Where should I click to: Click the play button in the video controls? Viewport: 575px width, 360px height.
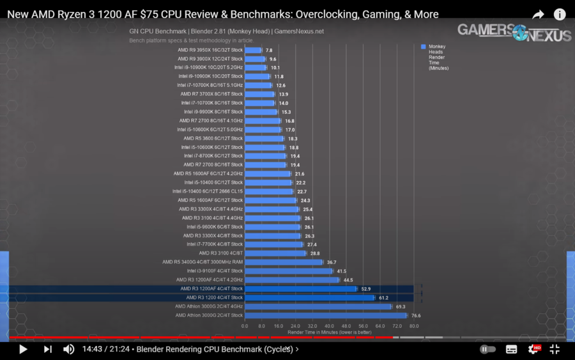[23, 349]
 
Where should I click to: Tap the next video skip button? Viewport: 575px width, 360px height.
[47, 349]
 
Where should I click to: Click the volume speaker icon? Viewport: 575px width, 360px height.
[68, 349]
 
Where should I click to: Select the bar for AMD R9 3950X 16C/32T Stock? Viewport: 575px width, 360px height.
[253, 50]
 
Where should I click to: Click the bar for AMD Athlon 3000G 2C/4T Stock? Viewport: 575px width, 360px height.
[325, 315]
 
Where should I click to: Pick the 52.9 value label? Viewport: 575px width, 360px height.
[366, 289]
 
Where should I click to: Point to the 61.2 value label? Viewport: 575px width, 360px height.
[383, 298]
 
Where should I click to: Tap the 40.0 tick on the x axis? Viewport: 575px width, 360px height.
[329, 325]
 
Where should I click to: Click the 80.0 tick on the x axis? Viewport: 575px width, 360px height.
[413, 325]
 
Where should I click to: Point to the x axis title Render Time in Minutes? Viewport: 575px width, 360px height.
[328, 332]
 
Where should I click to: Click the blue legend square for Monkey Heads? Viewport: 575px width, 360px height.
[423, 47]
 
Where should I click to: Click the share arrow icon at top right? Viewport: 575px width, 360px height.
[538, 14]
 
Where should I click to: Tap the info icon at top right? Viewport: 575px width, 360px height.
[559, 14]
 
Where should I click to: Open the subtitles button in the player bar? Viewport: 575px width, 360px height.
[511, 349]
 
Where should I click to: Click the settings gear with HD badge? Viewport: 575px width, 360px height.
[533, 349]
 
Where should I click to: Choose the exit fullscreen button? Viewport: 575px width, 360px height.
[555, 349]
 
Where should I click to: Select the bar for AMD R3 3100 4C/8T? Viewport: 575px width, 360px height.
[275, 253]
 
